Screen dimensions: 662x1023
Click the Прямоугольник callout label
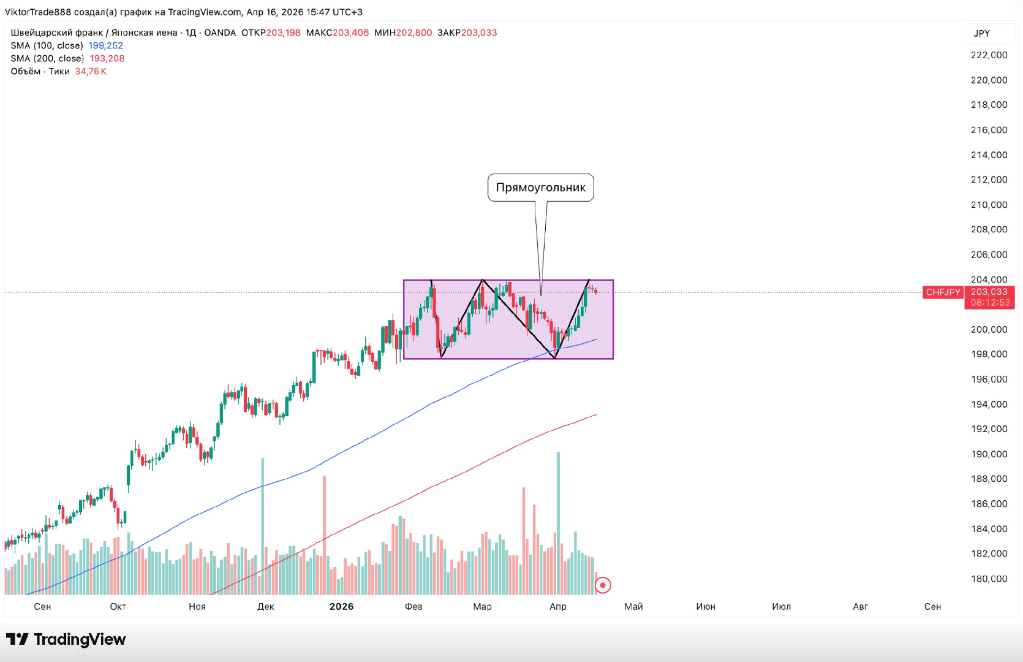click(540, 188)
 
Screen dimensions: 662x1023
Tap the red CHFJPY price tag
click(943, 292)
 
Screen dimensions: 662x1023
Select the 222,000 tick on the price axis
click(989, 55)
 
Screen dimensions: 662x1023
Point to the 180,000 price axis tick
click(989, 579)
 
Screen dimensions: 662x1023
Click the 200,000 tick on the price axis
click(989, 329)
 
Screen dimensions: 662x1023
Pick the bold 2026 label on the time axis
click(341, 606)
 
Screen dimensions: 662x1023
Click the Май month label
click(633, 606)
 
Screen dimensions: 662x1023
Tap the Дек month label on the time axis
click(266, 606)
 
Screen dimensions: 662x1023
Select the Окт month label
click(118, 606)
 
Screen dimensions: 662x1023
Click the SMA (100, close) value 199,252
click(106, 46)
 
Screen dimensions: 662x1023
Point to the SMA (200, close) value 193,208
click(107, 59)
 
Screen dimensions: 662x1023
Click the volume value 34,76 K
click(91, 72)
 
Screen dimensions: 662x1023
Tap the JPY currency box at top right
click(982, 34)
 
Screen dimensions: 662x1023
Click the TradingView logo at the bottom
click(66, 639)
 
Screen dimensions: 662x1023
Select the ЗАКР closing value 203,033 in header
click(479, 33)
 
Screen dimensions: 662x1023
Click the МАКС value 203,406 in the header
click(351, 33)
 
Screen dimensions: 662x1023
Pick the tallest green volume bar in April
click(558, 521)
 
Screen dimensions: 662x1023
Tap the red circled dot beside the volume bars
click(603, 585)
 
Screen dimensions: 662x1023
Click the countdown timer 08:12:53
click(990, 303)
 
